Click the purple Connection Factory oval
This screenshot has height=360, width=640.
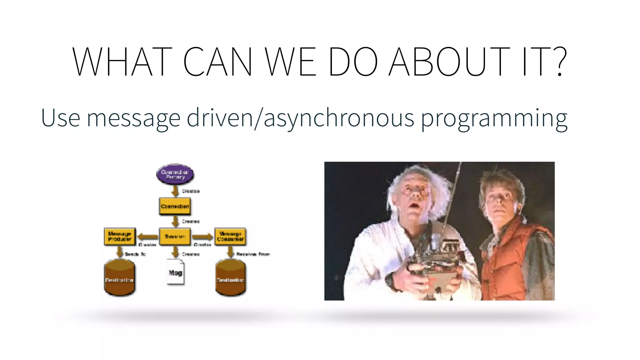(x=175, y=174)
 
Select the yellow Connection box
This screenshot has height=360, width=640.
(x=175, y=206)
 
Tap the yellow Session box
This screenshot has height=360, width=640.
(x=175, y=237)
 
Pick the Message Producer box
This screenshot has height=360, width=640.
(x=120, y=236)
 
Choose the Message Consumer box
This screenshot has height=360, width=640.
(x=230, y=236)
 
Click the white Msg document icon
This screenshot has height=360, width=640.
(x=175, y=272)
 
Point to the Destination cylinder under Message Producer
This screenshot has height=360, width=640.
(x=119, y=278)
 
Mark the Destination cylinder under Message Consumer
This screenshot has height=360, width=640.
(x=231, y=278)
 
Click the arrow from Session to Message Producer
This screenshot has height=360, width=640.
(x=148, y=237)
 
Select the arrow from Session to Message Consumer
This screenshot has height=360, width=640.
(x=202, y=237)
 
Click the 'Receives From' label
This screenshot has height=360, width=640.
(x=253, y=254)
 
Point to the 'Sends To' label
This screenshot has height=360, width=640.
(x=135, y=254)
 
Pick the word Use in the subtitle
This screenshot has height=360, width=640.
(x=60, y=118)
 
